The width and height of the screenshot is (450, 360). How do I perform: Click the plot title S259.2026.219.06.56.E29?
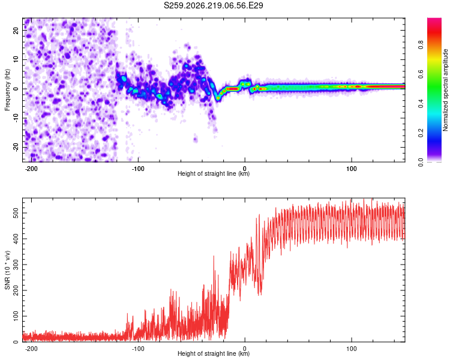coord(213,5)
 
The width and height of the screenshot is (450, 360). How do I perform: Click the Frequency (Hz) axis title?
coord(7,90)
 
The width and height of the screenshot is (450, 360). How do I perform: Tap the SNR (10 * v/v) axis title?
coord(7,270)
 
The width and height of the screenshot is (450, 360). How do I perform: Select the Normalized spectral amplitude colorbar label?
coord(445,90)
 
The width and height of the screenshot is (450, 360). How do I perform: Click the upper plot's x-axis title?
coord(214,173)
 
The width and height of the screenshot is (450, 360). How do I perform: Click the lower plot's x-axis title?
coord(214,353)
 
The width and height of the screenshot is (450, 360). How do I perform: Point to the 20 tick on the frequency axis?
coord(16,30)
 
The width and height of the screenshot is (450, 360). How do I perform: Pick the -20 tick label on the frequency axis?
coord(16,148)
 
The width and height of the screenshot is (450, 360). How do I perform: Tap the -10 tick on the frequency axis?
coord(16,118)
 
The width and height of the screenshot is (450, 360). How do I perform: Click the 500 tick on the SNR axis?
coord(16,213)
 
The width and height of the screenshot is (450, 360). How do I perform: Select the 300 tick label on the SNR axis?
coord(16,265)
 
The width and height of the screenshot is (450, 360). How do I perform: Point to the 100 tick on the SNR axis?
coord(16,316)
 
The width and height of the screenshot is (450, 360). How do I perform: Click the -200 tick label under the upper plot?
coord(31,169)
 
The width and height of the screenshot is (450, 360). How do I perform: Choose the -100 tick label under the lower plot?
coord(138,349)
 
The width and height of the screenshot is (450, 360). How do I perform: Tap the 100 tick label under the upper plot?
coord(351,169)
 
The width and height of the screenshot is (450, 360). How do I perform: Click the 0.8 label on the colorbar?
coord(421,45)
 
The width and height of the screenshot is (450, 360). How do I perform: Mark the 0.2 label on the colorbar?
coord(421,133)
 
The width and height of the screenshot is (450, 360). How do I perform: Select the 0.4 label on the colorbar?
coord(421,104)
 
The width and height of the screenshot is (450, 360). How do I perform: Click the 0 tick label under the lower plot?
coord(245,349)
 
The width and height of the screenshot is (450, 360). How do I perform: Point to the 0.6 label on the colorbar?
coord(421,74)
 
